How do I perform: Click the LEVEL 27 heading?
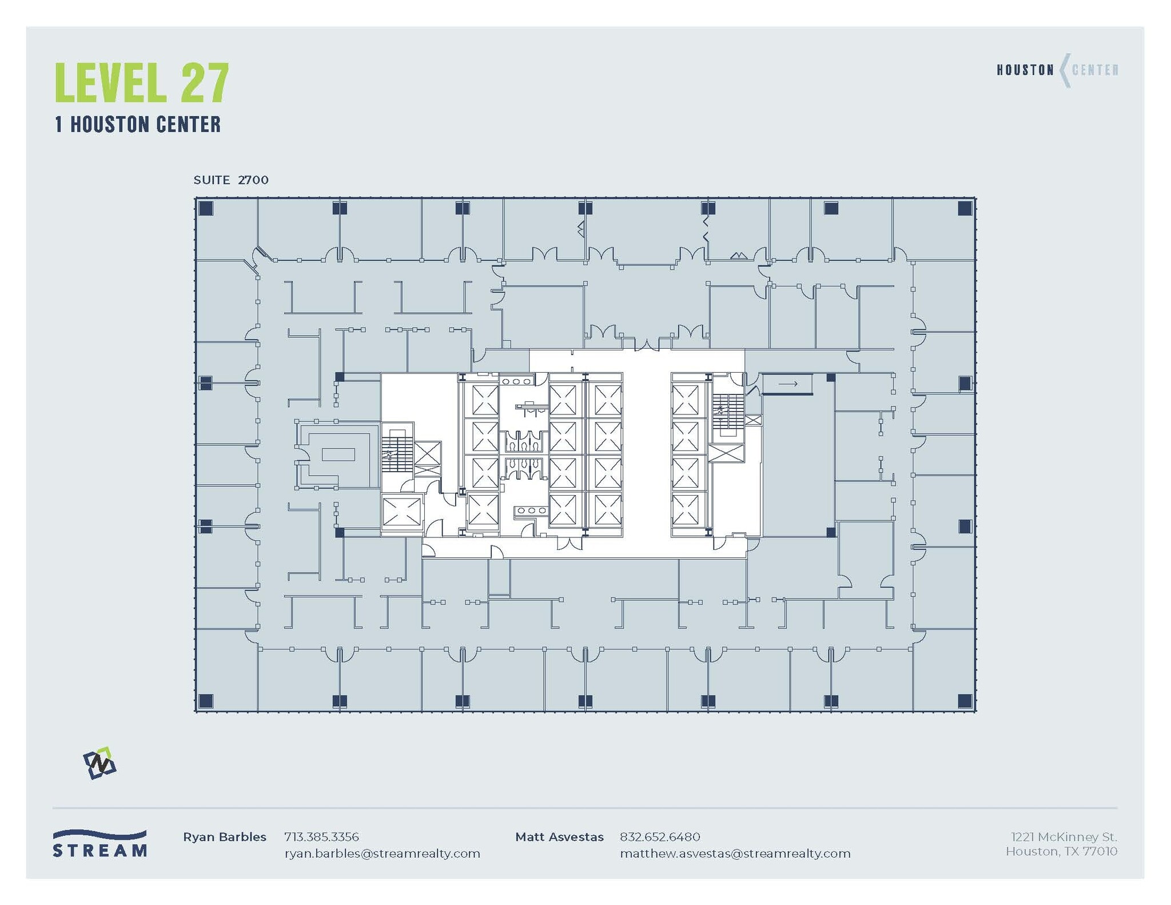142,83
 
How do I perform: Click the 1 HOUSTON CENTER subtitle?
138,124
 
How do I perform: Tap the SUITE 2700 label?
230,180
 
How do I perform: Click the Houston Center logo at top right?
1057,70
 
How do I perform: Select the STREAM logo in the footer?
99,843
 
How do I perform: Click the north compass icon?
99,763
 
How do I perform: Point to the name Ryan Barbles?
224,837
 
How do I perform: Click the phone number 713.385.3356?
321,837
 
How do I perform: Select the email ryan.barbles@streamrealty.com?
382,854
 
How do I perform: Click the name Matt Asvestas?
559,837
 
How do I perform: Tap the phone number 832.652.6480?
659,837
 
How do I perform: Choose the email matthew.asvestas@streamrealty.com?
735,854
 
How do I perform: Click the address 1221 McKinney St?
1064,837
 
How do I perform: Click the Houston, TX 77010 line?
1061,851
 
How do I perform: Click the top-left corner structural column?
206,208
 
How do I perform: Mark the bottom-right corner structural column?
965,700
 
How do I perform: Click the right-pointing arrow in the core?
787,384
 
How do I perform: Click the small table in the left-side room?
338,455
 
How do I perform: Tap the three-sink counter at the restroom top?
516,381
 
